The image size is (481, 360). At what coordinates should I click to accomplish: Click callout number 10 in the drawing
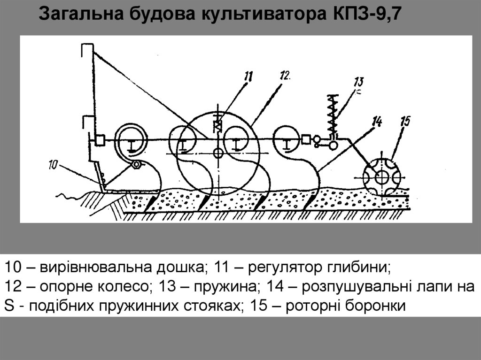[x=53, y=164]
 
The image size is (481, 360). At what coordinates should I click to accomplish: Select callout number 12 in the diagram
[x=285, y=75]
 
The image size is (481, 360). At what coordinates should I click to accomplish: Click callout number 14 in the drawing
[x=376, y=121]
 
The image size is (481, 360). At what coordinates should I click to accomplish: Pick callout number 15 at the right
[x=405, y=121]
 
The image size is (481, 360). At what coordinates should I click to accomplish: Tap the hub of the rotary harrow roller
[x=382, y=178]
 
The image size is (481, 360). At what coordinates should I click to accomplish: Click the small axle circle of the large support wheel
[x=217, y=153]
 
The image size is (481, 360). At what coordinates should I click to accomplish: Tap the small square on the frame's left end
[x=99, y=140]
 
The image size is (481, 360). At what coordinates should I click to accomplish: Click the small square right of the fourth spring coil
[x=305, y=139]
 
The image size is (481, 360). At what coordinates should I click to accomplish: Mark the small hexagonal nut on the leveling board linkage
[x=136, y=165]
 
